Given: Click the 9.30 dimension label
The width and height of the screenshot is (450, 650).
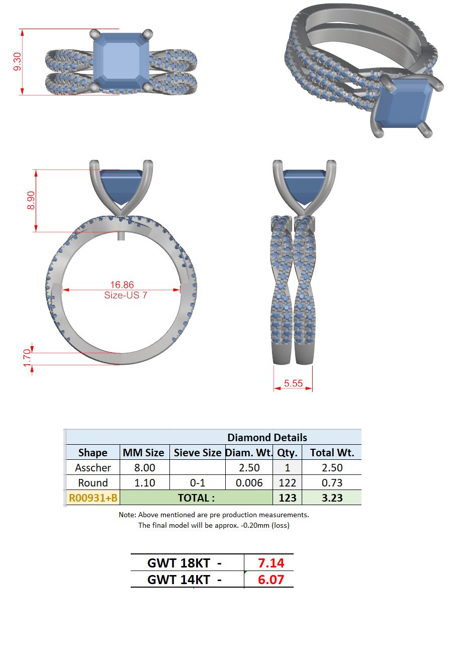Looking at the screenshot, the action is tap(18, 61).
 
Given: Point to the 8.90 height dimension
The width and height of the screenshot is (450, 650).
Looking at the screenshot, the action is tap(31, 200).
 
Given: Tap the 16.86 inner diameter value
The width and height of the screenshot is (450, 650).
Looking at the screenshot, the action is tap(122, 284).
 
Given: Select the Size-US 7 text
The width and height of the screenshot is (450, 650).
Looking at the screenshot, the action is tap(126, 295).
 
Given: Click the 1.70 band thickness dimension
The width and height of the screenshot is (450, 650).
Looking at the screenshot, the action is tap(27, 358).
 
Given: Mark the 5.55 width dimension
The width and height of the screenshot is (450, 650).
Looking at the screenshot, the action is tap(293, 383).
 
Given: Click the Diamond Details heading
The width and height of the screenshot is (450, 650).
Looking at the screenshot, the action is tap(267, 437).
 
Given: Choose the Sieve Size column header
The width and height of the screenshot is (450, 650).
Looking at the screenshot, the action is tap(198, 453).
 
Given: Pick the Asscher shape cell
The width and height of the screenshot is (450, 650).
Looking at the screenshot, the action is tap(93, 468).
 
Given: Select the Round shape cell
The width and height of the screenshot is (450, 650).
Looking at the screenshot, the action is tap(93, 483).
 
